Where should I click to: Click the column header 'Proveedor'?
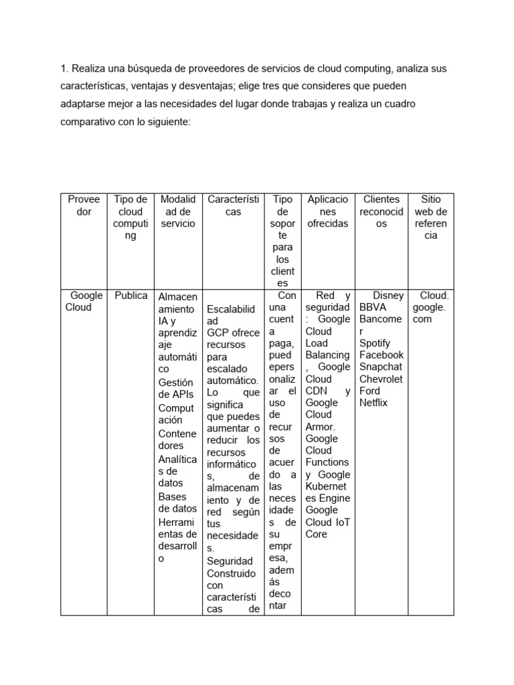coord(84,205)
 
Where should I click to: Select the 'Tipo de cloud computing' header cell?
coord(131,217)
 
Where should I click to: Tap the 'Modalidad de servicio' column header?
coord(178,211)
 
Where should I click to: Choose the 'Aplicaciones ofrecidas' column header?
coord(327,211)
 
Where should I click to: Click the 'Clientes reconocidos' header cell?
coord(381,211)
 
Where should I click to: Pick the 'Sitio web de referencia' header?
coord(431,217)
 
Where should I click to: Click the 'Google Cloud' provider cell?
coord(83,302)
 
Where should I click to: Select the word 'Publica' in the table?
coord(131,296)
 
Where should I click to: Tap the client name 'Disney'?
coord(388,296)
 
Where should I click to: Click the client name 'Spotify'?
coord(376,342)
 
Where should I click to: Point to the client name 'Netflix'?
coord(373,403)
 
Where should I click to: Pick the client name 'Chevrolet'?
coord(381,379)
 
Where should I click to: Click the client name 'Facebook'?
coord(381,355)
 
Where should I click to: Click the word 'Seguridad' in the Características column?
coord(230,561)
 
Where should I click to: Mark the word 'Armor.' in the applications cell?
coord(321,427)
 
